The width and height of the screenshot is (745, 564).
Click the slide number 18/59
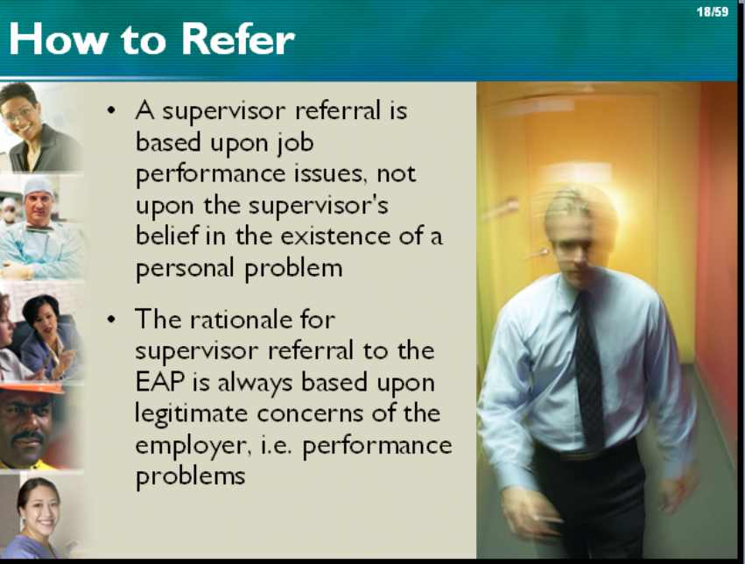click(713, 11)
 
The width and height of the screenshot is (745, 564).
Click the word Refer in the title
click(238, 39)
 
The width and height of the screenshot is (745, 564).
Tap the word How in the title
click(58, 39)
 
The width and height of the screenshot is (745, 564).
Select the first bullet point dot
click(111, 111)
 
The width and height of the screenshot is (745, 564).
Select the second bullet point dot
click(111, 320)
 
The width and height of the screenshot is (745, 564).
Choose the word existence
click(335, 236)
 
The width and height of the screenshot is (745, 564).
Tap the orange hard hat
click(32, 388)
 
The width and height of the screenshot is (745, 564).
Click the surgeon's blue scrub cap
click(38, 187)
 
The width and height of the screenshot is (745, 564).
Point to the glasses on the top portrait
click(18, 114)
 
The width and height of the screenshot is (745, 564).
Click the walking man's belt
click(585, 454)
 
